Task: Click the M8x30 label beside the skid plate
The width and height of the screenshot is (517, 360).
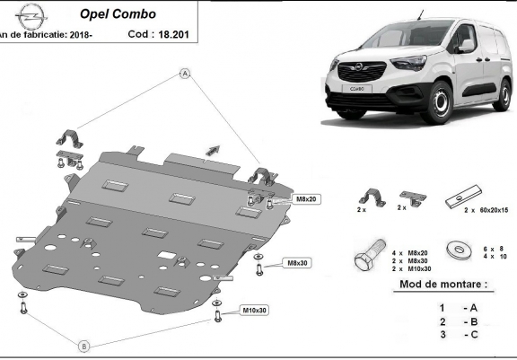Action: tap(298, 263)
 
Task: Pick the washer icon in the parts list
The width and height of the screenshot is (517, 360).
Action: tap(460, 249)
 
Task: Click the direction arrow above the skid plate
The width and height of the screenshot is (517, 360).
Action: tap(213, 146)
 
